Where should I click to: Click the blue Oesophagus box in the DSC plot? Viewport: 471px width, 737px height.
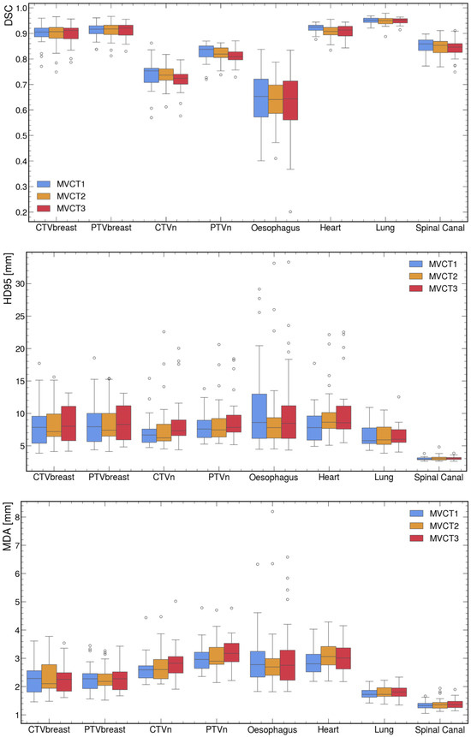pyautogui.click(x=261, y=98)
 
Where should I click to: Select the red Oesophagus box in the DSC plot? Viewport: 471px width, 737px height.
pyautogui.click(x=290, y=100)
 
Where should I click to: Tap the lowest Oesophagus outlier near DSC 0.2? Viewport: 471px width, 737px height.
pyautogui.click(x=290, y=212)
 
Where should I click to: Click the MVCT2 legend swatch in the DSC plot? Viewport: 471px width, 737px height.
pyautogui.click(x=45, y=196)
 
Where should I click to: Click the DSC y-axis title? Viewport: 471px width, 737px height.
pyautogui.click(x=8, y=15)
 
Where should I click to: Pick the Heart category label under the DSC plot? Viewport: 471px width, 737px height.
pyautogui.click(x=330, y=228)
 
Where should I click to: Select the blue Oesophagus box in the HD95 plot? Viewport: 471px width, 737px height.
pyautogui.click(x=259, y=416)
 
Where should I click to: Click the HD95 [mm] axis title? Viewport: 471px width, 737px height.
pyautogui.click(x=8, y=278)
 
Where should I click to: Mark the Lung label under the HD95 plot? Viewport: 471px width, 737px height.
pyautogui.click(x=384, y=478)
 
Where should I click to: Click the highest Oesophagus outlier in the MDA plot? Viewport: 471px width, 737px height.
pyautogui.click(x=272, y=511)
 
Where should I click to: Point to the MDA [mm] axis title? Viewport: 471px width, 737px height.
pyautogui.click(x=8, y=527)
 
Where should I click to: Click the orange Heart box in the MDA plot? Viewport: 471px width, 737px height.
pyautogui.click(x=328, y=656)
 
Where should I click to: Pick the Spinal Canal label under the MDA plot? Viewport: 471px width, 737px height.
pyautogui.click(x=440, y=730)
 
